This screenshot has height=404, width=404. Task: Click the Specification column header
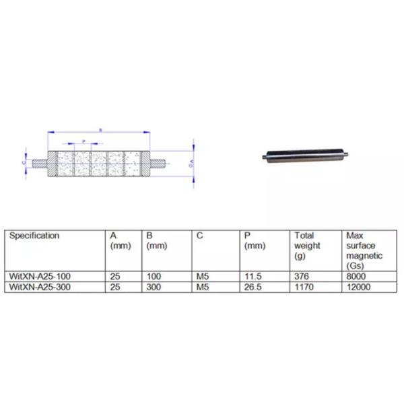[x=33, y=236]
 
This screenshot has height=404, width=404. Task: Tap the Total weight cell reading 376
[x=301, y=276]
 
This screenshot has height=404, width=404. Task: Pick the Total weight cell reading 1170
[x=303, y=286]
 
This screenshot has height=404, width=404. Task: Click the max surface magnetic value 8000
[x=354, y=276]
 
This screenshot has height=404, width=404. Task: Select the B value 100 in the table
[x=152, y=276]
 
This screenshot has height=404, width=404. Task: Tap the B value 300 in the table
[x=152, y=286]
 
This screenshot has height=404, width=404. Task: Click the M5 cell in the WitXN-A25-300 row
[x=201, y=286]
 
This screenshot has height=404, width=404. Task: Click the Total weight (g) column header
[x=305, y=246]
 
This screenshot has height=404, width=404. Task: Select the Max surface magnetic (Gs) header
[x=364, y=250]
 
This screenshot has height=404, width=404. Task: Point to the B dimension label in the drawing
[x=100, y=129]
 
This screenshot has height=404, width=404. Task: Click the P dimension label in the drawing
[x=83, y=141]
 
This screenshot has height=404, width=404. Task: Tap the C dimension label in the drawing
[x=24, y=162]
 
